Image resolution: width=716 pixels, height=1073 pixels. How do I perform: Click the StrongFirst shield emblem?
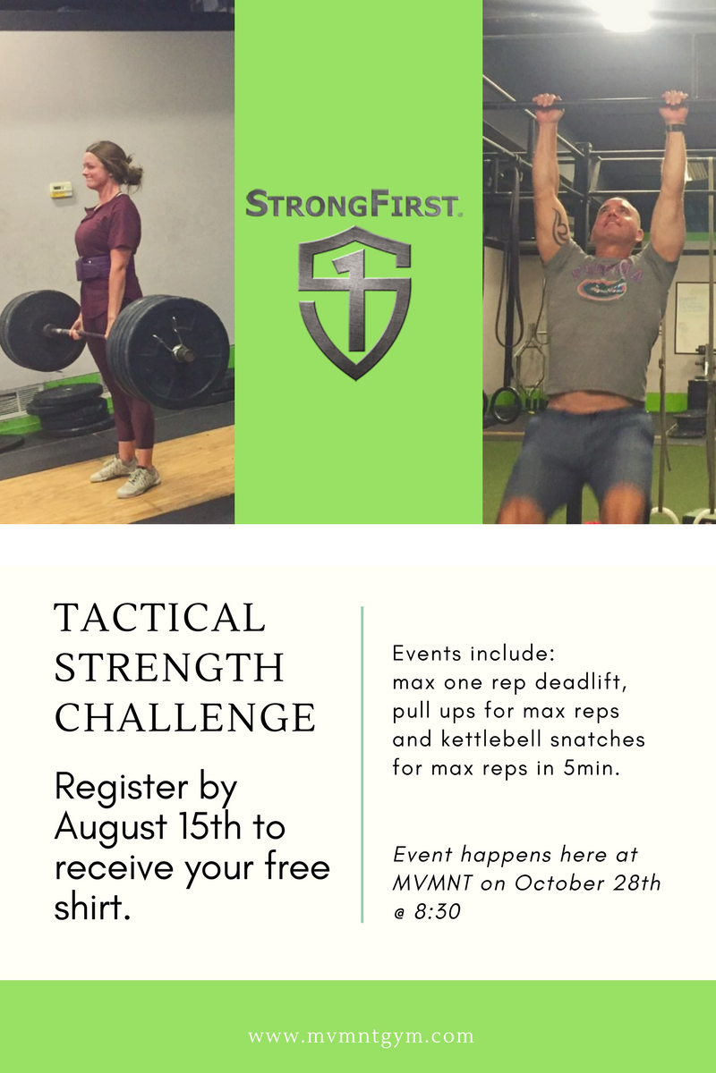[354, 303]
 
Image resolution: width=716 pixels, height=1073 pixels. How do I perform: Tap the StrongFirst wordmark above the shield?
[354, 204]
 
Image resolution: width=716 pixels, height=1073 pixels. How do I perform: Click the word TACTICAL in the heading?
[159, 618]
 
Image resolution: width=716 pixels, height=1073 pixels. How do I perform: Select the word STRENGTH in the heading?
[169, 668]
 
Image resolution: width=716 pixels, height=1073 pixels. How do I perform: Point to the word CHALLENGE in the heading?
[185, 717]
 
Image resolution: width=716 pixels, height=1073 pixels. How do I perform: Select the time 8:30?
[438, 911]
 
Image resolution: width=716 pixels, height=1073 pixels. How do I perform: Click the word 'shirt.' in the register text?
[92, 907]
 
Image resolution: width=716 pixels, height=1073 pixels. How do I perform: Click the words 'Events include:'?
[473, 654]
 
